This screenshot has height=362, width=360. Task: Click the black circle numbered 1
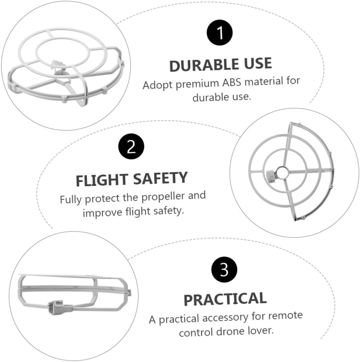tap(220, 33)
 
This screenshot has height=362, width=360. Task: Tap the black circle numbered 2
tap(131, 146)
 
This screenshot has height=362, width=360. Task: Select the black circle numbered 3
tap(224, 270)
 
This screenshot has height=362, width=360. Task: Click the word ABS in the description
tap(232, 83)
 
